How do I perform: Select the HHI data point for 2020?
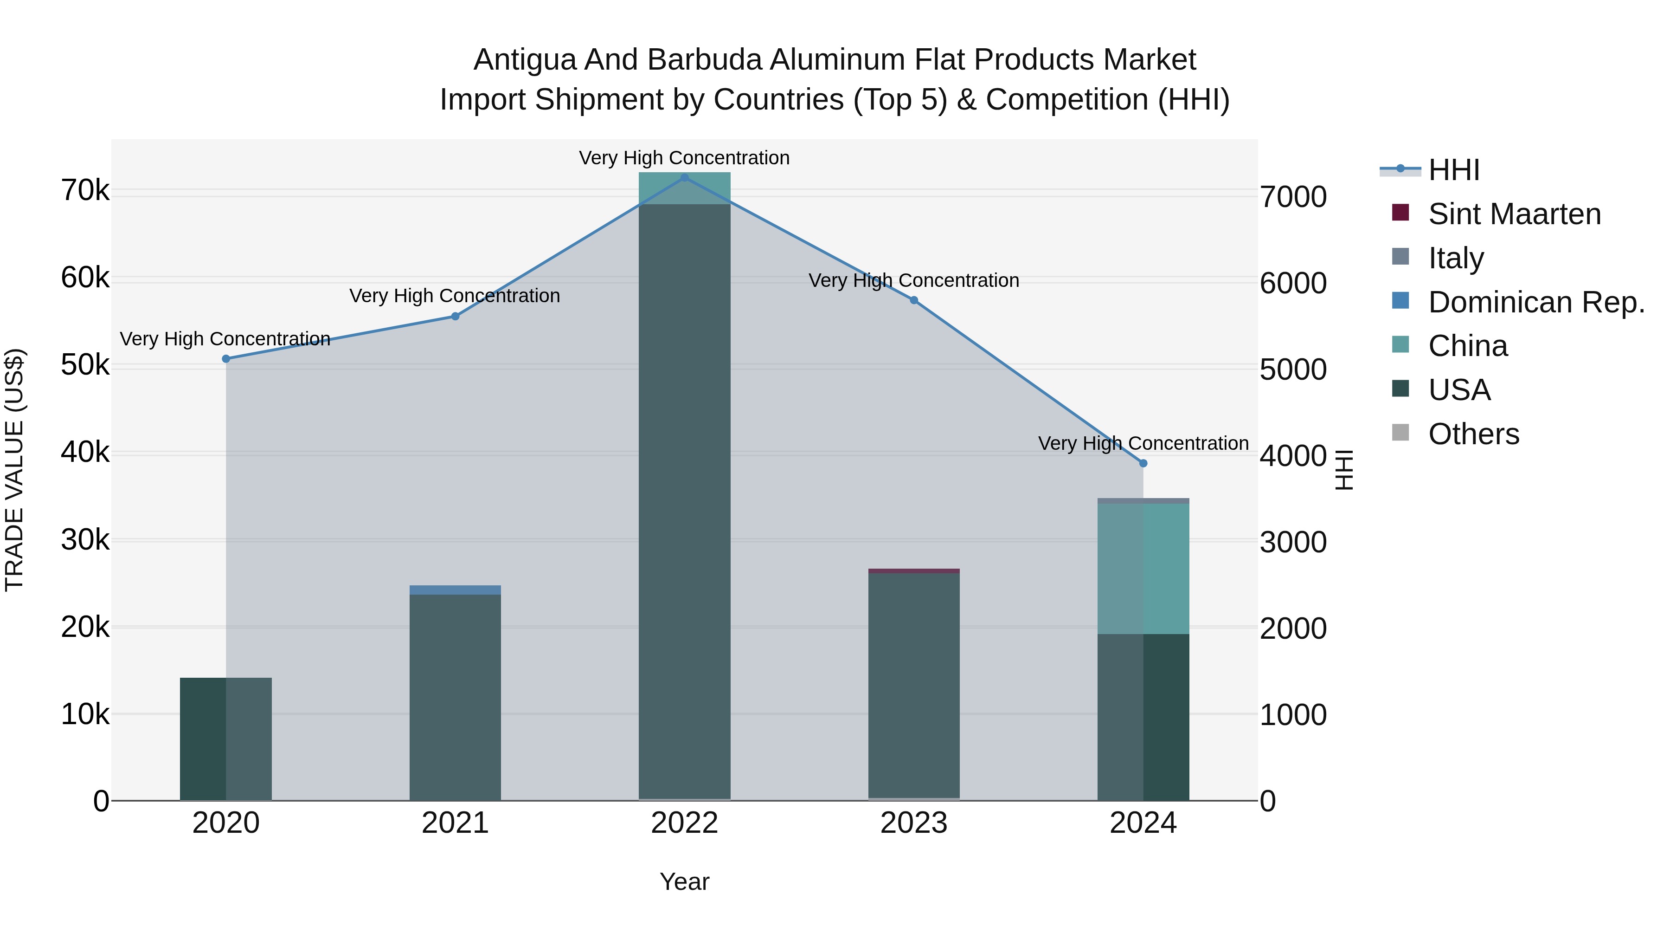coord(225,359)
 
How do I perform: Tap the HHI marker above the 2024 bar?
coord(1143,463)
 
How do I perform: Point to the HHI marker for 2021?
coord(455,317)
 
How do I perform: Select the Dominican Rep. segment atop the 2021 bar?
coord(455,590)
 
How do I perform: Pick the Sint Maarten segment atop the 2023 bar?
coord(913,571)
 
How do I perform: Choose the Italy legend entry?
coord(1455,258)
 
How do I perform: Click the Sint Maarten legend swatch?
coord(1400,213)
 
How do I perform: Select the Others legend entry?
coord(1473,434)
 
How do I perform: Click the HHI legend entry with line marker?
coord(1430,170)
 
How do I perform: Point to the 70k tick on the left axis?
coord(85,191)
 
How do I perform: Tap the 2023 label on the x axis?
coord(913,823)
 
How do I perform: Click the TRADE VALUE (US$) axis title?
coord(14,470)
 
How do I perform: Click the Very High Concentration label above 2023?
coord(913,280)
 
